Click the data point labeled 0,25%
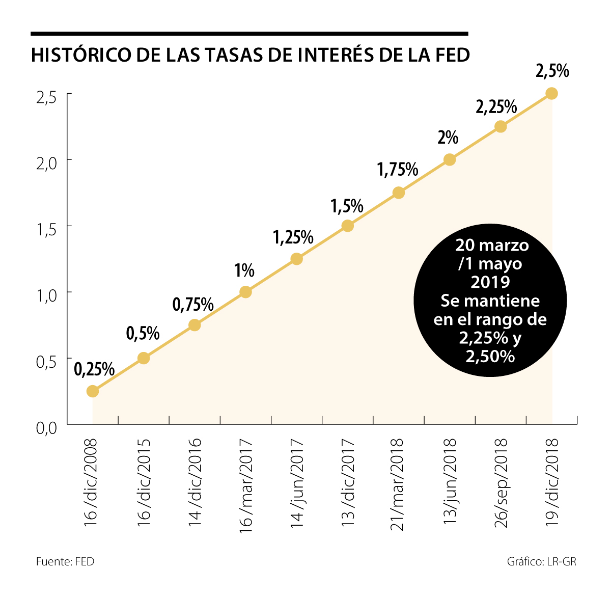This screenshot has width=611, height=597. (92, 391)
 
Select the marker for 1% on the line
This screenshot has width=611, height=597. (245, 292)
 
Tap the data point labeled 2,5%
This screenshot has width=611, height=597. (551, 93)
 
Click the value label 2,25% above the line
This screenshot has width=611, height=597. (496, 107)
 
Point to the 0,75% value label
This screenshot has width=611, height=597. (193, 305)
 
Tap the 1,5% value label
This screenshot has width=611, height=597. (347, 206)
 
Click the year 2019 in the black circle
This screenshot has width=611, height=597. (490, 282)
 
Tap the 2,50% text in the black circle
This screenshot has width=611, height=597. (490, 356)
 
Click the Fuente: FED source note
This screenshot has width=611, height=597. (65, 562)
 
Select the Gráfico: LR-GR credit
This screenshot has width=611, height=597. (542, 562)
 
